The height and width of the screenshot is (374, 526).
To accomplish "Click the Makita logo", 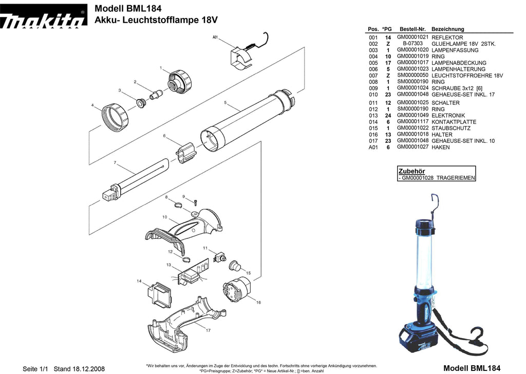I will (x=43, y=21).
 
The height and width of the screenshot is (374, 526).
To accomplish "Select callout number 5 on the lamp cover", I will (x=226, y=103).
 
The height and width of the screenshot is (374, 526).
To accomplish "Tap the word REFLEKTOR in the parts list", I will (x=447, y=38).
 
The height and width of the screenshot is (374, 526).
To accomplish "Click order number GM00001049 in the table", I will (x=412, y=116).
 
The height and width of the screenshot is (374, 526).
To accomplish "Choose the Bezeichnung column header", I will (x=447, y=29).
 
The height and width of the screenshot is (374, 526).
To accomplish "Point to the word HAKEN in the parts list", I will (x=440, y=147).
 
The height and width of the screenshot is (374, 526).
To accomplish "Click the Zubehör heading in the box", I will (x=411, y=171).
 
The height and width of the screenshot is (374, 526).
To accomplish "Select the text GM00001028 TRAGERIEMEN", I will (x=437, y=178).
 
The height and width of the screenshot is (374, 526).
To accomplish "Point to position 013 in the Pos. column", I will (x=373, y=116).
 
